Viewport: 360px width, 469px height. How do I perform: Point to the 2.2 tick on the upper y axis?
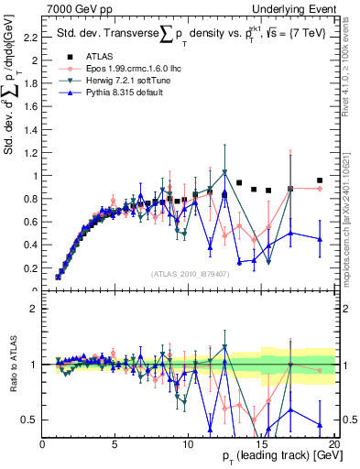(x=31, y=38)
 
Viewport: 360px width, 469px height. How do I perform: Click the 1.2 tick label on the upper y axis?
(x=31, y=153)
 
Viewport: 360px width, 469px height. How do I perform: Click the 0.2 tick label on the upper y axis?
(x=31, y=268)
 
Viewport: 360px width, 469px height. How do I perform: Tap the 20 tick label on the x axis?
(x=334, y=445)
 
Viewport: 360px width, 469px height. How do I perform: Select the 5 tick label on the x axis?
(x=115, y=445)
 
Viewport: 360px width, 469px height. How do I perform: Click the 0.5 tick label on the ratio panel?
(x=31, y=420)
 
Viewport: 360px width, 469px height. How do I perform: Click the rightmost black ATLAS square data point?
(x=320, y=180)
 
